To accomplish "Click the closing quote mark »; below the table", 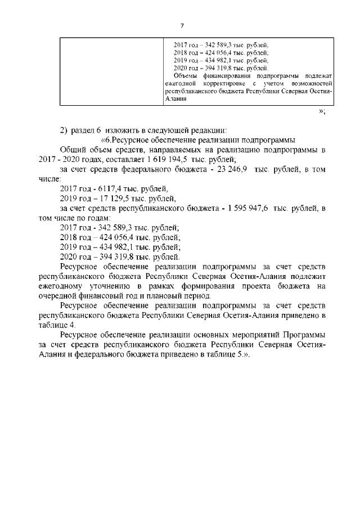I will [x=322, y=112].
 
